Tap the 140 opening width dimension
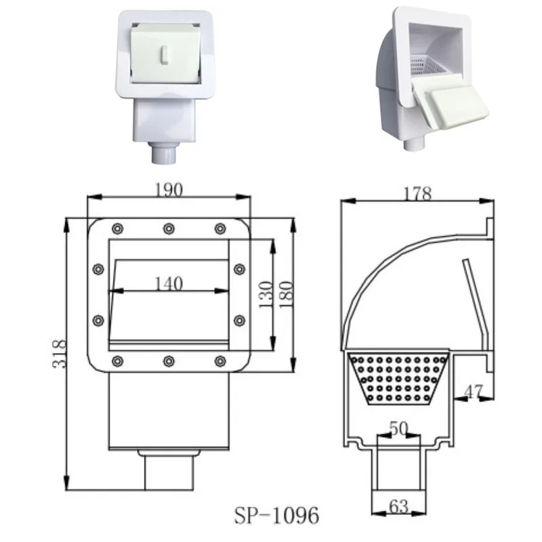[x=167, y=283]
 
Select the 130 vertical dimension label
[x=265, y=293]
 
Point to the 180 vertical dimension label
[x=285, y=294]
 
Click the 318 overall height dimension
[x=59, y=353]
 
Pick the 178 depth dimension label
[x=417, y=194]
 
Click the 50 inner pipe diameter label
[x=400, y=430]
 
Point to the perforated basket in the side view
[x=398, y=376]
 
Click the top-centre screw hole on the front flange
[x=168, y=228]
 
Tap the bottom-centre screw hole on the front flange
[x=168, y=360]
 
